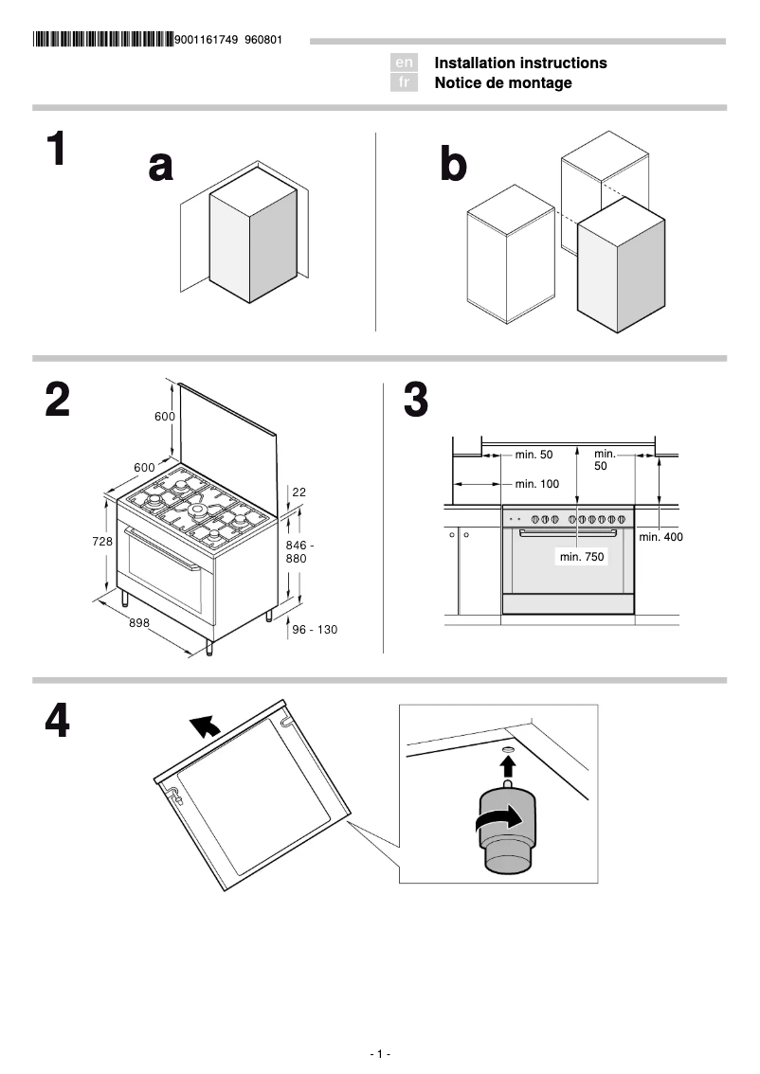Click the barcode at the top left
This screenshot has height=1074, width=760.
tap(102, 40)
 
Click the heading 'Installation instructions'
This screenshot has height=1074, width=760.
tap(520, 63)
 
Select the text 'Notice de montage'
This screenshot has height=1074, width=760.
tap(503, 83)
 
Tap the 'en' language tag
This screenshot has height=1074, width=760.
tap(404, 63)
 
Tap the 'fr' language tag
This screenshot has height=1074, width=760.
tap(404, 83)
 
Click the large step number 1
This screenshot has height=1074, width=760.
tap(57, 150)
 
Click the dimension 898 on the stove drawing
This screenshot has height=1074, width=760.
tap(141, 622)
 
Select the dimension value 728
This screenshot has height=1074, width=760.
tap(102, 541)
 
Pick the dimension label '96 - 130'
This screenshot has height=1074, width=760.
tap(315, 629)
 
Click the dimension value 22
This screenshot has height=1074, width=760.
tap(299, 492)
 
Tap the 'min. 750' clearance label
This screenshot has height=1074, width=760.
tap(582, 557)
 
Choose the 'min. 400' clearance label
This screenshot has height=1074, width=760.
tap(660, 537)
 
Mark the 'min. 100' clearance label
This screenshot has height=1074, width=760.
tap(537, 484)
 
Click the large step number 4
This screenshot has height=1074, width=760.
tap(57, 722)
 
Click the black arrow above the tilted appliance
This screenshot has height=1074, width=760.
tap(204, 726)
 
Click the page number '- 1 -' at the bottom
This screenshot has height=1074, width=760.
tap(380, 1054)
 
